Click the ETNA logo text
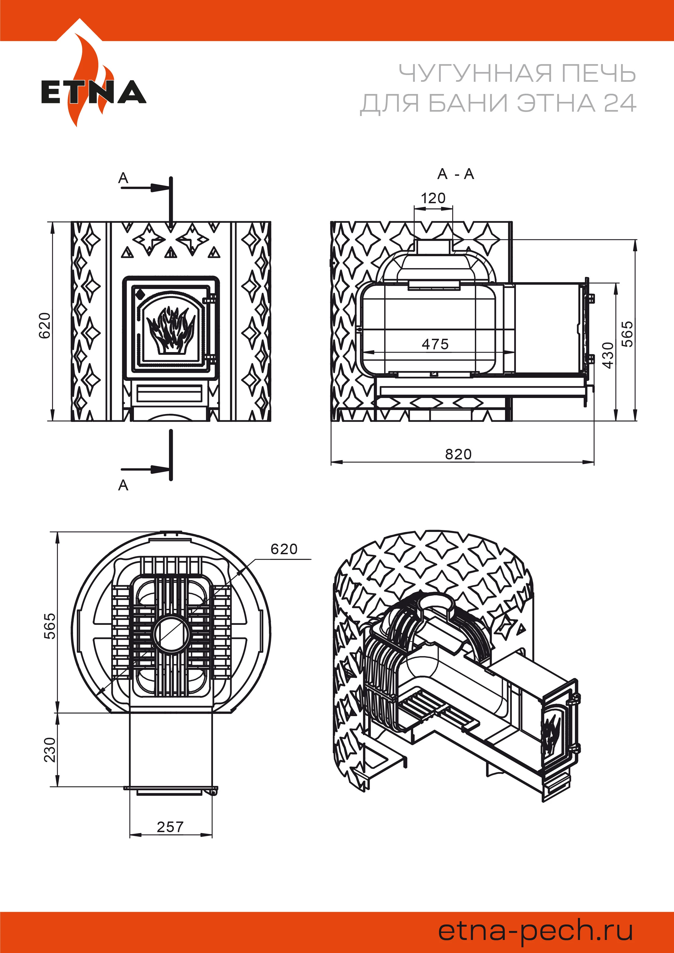(x=93, y=92)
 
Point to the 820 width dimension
(x=458, y=454)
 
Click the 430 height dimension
(x=608, y=355)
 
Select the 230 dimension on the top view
(x=50, y=750)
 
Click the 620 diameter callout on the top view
(x=284, y=549)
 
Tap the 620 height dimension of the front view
(x=45, y=325)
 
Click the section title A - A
(x=455, y=174)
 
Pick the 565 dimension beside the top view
(x=50, y=626)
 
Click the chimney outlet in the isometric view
(x=435, y=601)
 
